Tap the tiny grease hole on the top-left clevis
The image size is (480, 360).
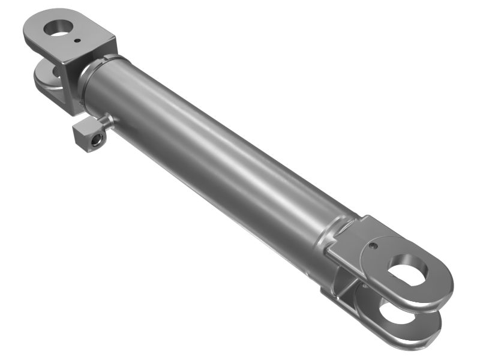point(79,41)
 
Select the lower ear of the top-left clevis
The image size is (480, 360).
point(47,82)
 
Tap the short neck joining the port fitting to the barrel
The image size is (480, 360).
point(107,123)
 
